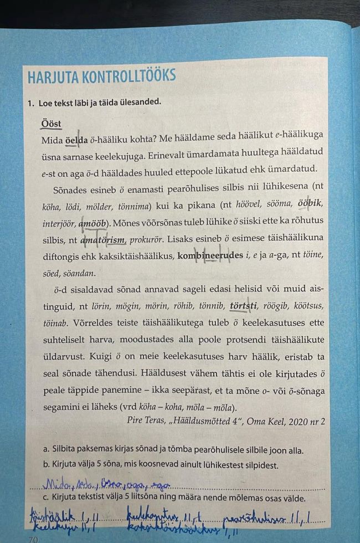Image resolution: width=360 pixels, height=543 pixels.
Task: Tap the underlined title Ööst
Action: pos(51,124)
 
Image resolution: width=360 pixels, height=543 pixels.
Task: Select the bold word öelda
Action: pos(77,140)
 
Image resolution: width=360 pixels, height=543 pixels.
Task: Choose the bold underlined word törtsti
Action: pos(244,305)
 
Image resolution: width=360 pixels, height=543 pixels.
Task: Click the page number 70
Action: pos(34,538)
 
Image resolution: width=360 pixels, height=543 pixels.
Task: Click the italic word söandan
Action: pos(80,273)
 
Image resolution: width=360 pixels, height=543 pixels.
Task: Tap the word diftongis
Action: pos(61,257)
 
